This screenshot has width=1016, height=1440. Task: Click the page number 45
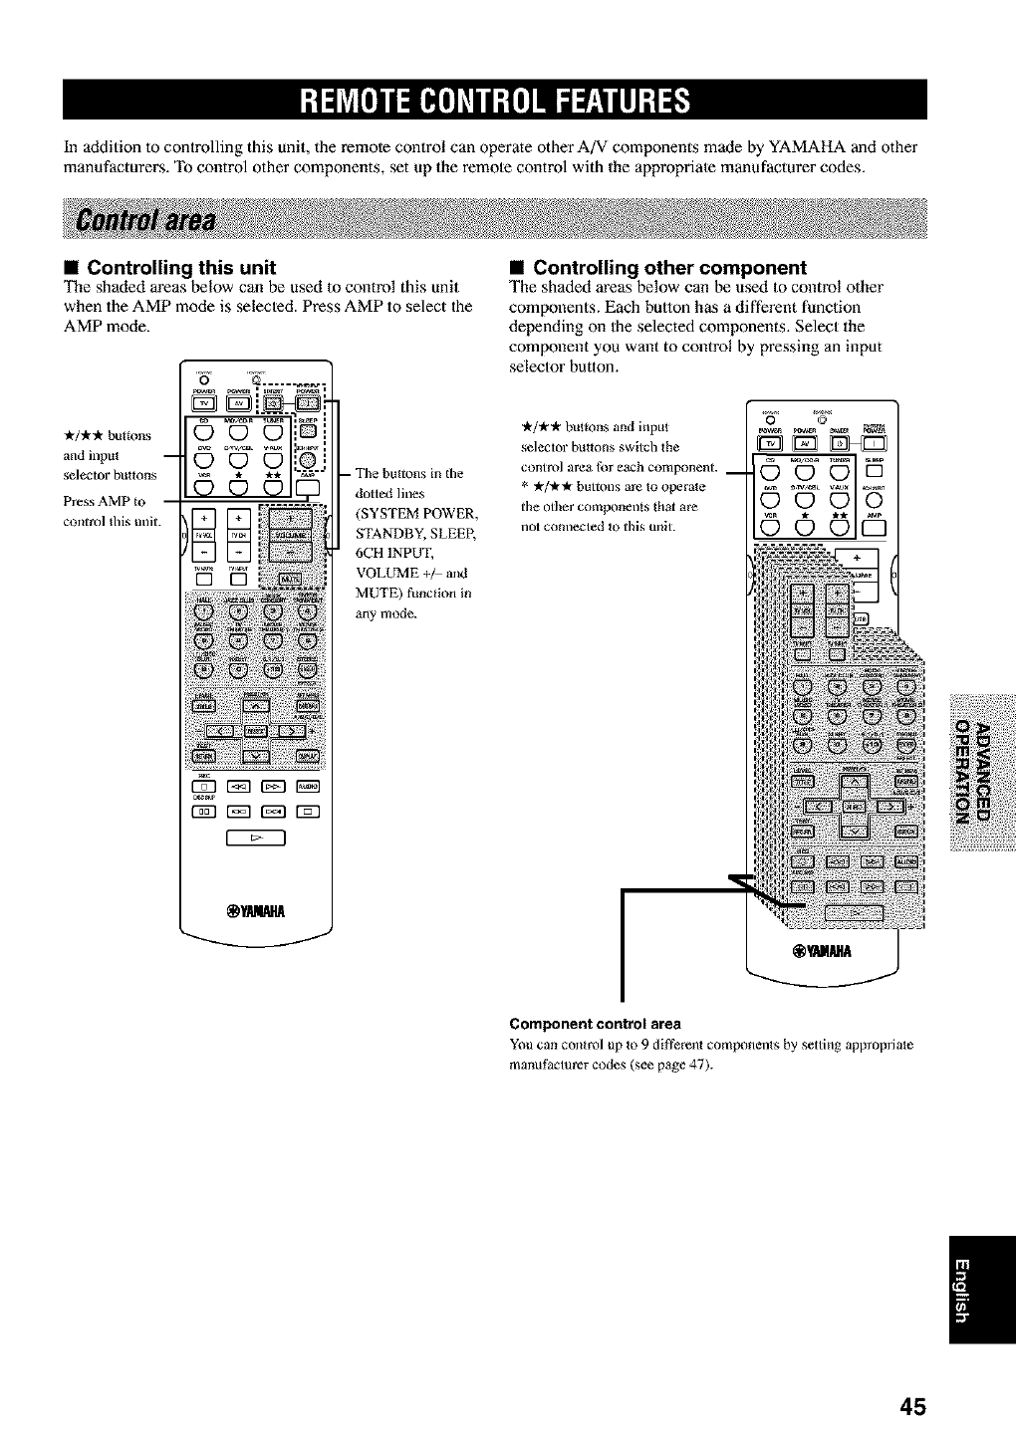[x=912, y=1406]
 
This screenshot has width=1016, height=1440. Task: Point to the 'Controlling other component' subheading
[x=669, y=268]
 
